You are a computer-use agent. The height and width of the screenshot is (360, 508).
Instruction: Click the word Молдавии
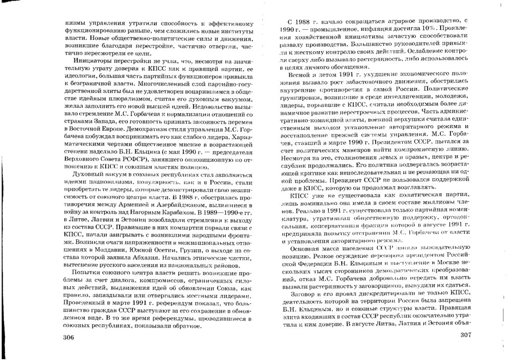[x=104, y=251]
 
